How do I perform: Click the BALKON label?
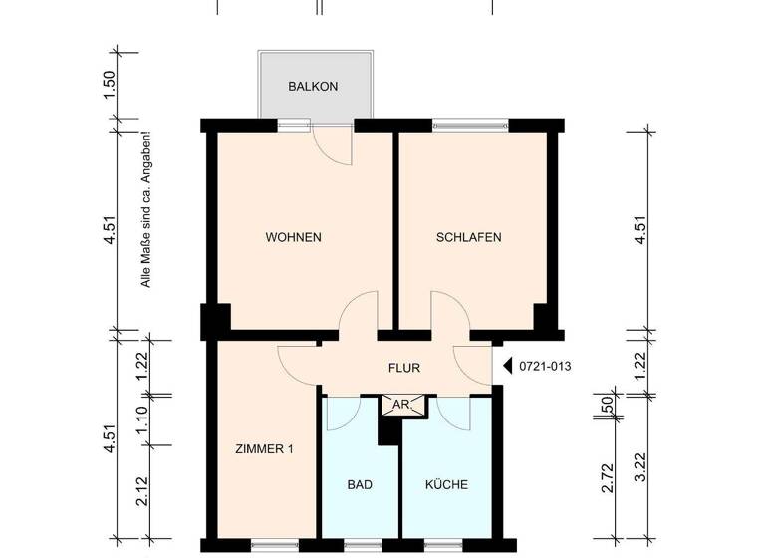click(x=313, y=87)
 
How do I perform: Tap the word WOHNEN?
click(x=293, y=237)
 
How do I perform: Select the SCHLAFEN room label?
click(x=468, y=237)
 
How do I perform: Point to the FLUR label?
click(x=403, y=368)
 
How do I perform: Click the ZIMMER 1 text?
click(x=265, y=449)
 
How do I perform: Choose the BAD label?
click(x=360, y=485)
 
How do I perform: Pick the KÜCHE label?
click(x=446, y=485)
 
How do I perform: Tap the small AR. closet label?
click(x=403, y=405)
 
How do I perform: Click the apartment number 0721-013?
click(x=545, y=366)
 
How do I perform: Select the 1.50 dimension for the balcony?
click(x=111, y=87)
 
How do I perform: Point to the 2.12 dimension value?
click(x=141, y=490)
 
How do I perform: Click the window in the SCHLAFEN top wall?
click(x=470, y=126)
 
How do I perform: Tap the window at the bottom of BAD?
click(x=360, y=544)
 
